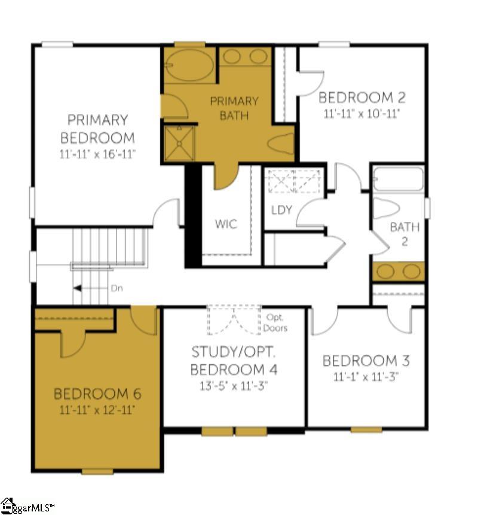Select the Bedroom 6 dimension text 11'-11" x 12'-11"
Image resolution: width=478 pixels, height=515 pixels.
[97, 410]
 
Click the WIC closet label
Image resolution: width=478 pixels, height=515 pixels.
[226, 224]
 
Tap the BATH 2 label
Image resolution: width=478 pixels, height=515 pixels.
[405, 234]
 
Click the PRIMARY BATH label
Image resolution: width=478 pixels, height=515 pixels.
[234, 108]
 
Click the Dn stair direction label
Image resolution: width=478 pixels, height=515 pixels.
[117, 288]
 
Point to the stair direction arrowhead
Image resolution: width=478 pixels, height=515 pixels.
[77, 288]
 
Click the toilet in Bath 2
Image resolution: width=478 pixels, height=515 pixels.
[388, 207]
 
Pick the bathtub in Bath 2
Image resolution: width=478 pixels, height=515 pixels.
[399, 178]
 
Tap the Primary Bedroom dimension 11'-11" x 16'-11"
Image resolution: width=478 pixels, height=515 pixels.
[97, 154]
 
